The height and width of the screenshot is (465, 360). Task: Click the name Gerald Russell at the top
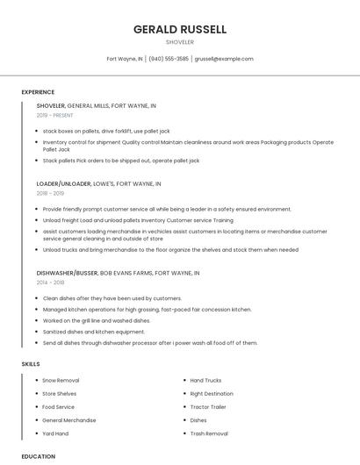(x=180, y=29)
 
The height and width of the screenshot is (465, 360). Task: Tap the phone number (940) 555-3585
(x=169, y=59)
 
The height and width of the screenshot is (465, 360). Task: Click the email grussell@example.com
(x=224, y=59)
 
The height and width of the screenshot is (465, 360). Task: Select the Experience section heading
(x=38, y=92)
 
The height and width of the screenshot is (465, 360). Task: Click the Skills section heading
(x=31, y=363)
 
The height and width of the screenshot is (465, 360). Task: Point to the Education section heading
(x=38, y=456)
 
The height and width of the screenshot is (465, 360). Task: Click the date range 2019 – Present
(x=55, y=115)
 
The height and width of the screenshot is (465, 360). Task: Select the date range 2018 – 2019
(x=51, y=193)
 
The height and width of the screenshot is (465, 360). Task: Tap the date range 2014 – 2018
(x=51, y=282)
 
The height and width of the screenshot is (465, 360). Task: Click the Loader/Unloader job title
(x=64, y=184)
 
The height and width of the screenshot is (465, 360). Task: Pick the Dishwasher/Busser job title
(x=68, y=273)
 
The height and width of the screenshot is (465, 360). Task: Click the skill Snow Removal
(x=61, y=381)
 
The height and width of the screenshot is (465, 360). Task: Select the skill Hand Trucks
(x=205, y=381)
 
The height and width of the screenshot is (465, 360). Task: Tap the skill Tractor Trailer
(x=208, y=407)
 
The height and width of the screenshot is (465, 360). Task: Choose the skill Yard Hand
(x=55, y=433)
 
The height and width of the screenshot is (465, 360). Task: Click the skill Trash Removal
(x=209, y=433)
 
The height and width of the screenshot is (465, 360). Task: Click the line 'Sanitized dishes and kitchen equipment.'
(x=94, y=332)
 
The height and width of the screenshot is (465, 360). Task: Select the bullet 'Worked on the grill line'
(x=85, y=320)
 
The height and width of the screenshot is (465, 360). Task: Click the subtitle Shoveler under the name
(x=180, y=42)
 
